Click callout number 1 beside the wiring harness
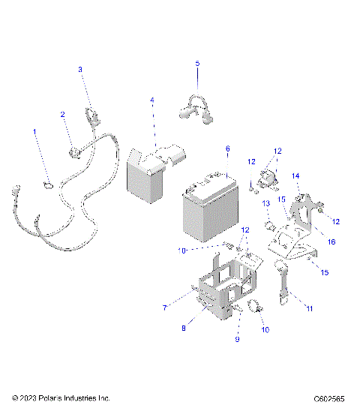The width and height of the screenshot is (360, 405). click(34, 132)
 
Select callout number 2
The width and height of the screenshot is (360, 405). click(63, 115)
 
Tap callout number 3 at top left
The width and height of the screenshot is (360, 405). click(81, 70)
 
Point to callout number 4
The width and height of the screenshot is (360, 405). click(151, 100)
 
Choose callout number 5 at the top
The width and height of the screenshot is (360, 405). click(198, 64)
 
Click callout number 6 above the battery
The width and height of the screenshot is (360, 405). click(227, 149)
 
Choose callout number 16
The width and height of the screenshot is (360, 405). click(330, 243)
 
